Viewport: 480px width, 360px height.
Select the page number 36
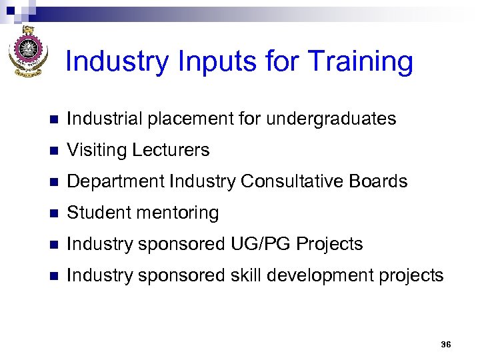tap(446, 345)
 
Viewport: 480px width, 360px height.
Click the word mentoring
tap(177, 213)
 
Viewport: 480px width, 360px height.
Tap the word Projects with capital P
tap(329, 244)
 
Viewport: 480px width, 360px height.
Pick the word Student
tap(101, 213)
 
